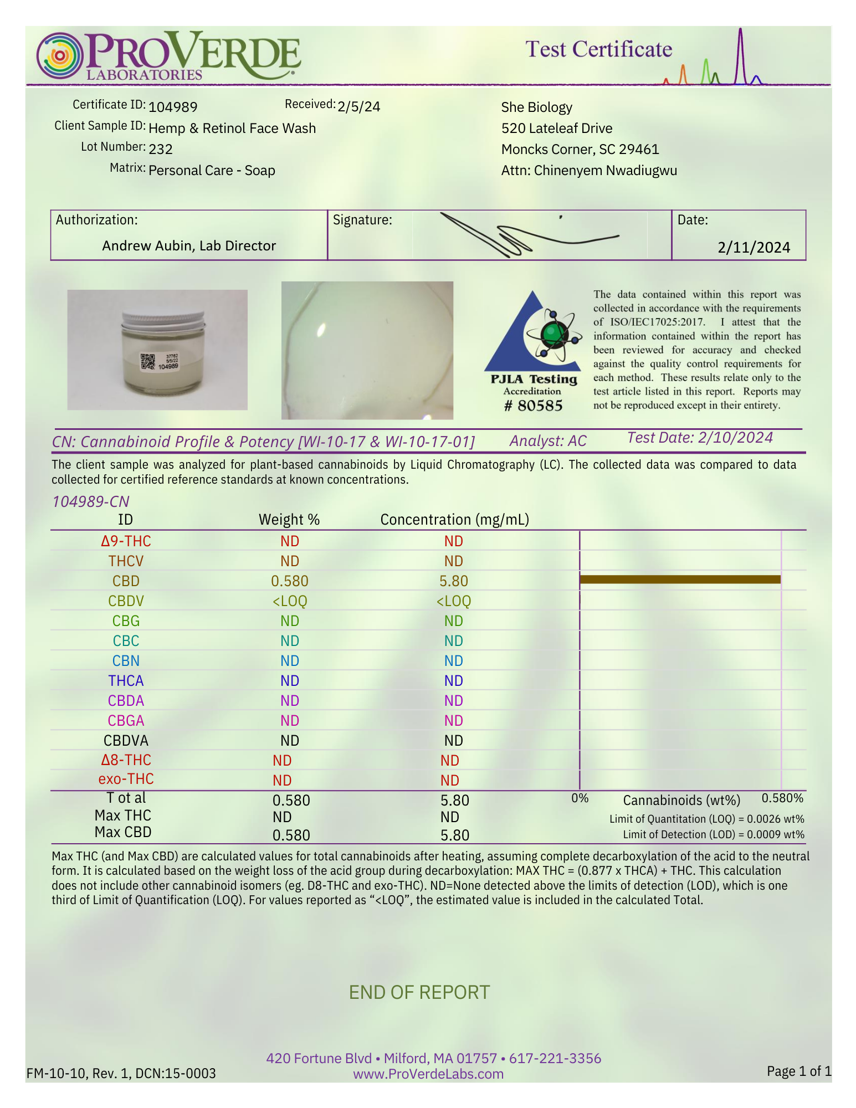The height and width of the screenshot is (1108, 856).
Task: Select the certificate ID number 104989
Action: tap(173, 107)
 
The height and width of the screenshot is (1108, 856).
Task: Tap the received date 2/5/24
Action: tap(358, 106)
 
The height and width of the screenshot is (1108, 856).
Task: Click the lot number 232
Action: tap(161, 149)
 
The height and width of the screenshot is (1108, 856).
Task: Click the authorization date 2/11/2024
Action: tap(754, 247)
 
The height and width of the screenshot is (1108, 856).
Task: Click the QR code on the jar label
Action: tap(147, 361)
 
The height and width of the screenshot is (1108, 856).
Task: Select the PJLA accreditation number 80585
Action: tap(533, 406)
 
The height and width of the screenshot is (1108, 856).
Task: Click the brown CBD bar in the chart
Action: tap(680, 579)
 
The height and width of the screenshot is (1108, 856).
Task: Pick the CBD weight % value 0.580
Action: tap(289, 581)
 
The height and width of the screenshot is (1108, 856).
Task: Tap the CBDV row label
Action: tap(126, 601)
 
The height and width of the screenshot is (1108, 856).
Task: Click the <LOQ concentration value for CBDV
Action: tap(453, 601)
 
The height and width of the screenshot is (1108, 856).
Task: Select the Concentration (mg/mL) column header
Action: tap(454, 520)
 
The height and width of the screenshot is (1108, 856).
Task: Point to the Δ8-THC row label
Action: tap(126, 760)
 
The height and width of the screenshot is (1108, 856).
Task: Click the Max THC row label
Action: tap(122, 815)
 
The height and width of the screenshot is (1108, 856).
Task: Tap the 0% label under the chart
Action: tap(580, 798)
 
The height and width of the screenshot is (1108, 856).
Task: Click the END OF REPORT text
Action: tap(419, 992)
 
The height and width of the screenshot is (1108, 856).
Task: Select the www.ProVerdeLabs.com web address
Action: tap(428, 1074)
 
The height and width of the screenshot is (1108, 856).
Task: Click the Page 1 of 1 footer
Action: tap(798, 1071)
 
